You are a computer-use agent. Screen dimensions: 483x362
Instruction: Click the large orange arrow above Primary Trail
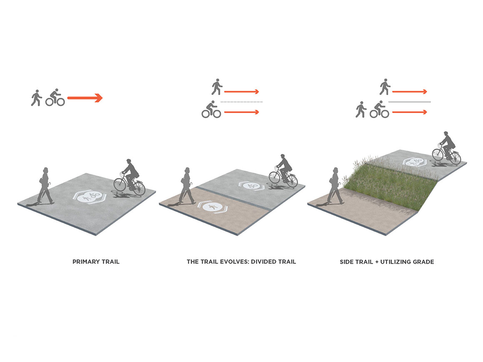(x=85, y=98)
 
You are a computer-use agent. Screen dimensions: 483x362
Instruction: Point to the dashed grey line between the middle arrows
(x=242, y=102)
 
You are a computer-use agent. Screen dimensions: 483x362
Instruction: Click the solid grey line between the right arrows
(x=410, y=102)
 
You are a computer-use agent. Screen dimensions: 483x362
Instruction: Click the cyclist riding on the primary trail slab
(x=130, y=177)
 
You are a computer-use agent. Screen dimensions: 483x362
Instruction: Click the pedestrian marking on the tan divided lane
(x=213, y=207)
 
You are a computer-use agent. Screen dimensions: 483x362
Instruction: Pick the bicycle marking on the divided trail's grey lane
(x=251, y=186)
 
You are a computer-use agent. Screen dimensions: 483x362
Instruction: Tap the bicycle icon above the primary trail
(x=55, y=98)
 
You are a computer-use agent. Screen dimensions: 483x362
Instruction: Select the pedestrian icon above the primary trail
(x=36, y=98)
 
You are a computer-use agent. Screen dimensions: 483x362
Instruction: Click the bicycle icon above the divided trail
(x=212, y=109)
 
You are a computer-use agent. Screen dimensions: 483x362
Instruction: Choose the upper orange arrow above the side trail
(x=410, y=92)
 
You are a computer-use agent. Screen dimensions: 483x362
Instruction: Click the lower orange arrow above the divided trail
(x=242, y=112)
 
